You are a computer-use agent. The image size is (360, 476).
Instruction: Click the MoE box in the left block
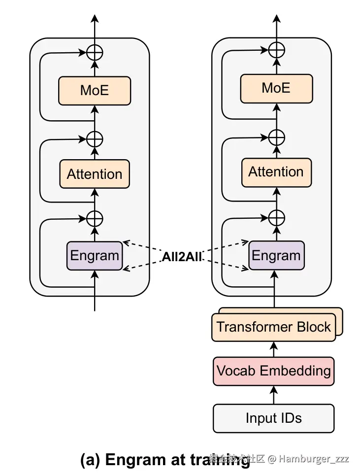(95, 91)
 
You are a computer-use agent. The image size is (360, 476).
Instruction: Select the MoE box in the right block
(276, 88)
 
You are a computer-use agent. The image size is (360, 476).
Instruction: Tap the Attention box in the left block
(95, 174)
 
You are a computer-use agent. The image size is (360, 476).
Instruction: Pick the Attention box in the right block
(276, 172)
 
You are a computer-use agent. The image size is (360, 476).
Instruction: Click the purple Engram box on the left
(95, 256)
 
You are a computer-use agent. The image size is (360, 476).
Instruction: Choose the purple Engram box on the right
(276, 256)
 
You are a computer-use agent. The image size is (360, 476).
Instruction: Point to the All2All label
(182, 257)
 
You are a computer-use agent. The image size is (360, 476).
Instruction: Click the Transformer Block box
(274, 327)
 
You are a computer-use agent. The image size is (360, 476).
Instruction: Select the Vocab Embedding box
(274, 371)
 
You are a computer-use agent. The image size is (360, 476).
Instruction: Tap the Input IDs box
(274, 418)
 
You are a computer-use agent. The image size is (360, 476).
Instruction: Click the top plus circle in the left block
(95, 52)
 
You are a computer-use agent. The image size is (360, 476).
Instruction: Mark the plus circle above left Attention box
(95, 139)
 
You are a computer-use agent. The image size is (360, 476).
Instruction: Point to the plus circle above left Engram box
(95, 217)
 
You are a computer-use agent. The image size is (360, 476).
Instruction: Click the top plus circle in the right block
(276, 49)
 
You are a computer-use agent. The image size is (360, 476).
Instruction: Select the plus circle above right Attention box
(276, 137)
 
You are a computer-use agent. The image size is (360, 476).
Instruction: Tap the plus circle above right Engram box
(276, 217)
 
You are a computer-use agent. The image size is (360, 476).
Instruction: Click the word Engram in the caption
(133, 459)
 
